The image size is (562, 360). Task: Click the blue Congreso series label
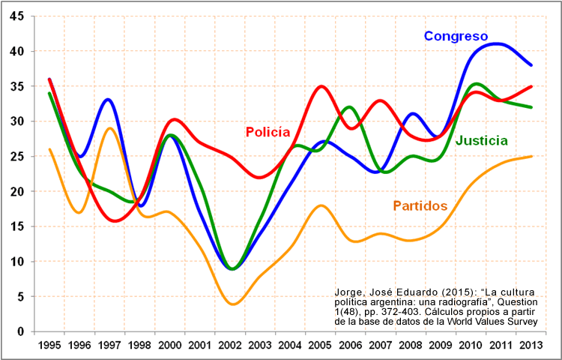coord(456,36)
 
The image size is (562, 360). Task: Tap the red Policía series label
coord(268,132)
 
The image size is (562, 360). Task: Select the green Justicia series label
coord(482,140)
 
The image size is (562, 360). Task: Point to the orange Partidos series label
coord(420,205)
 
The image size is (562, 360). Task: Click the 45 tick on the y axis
coord(16,16)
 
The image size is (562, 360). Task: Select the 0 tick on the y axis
coord(20,331)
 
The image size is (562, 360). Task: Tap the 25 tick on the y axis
coord(16,156)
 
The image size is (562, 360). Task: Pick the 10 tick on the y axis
coord(16,261)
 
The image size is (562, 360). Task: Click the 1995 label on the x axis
coord(49,346)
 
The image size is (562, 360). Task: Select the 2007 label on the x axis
coord(381,346)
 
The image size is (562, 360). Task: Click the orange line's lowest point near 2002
coord(233,304)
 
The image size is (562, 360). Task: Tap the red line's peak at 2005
coord(321,86)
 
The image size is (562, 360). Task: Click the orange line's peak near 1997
coord(109,128)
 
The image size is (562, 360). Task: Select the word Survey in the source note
coord(522,321)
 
